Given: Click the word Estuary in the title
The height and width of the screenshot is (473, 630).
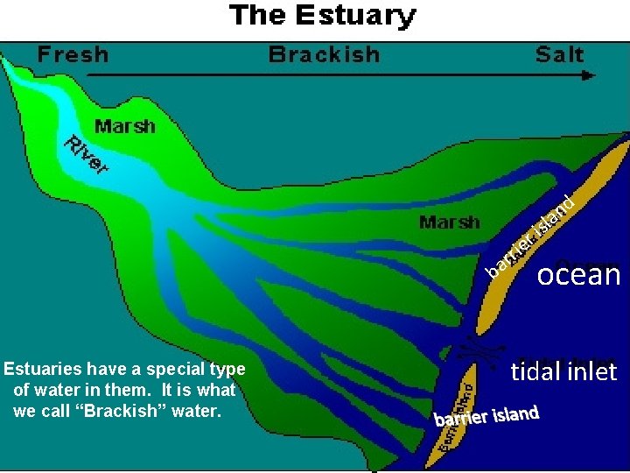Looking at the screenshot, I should pos(357,16).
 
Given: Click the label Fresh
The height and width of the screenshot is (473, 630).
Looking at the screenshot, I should pos(73,54).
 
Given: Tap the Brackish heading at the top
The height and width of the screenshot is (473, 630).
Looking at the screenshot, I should pos(324,54).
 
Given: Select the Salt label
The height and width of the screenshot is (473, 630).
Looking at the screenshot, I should pos(559,54).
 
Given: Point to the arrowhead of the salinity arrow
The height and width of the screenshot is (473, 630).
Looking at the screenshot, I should pos(588,75).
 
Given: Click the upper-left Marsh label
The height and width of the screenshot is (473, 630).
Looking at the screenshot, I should pos(124,126).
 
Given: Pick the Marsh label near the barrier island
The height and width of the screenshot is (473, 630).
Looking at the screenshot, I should pos(449,222).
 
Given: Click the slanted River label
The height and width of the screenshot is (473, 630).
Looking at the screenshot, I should pos(86,154).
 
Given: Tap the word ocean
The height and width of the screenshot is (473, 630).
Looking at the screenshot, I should pos(578,275).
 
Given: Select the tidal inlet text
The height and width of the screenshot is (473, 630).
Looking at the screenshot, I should pos(563,371).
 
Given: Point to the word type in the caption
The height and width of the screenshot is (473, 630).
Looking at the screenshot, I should pos(227,370).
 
